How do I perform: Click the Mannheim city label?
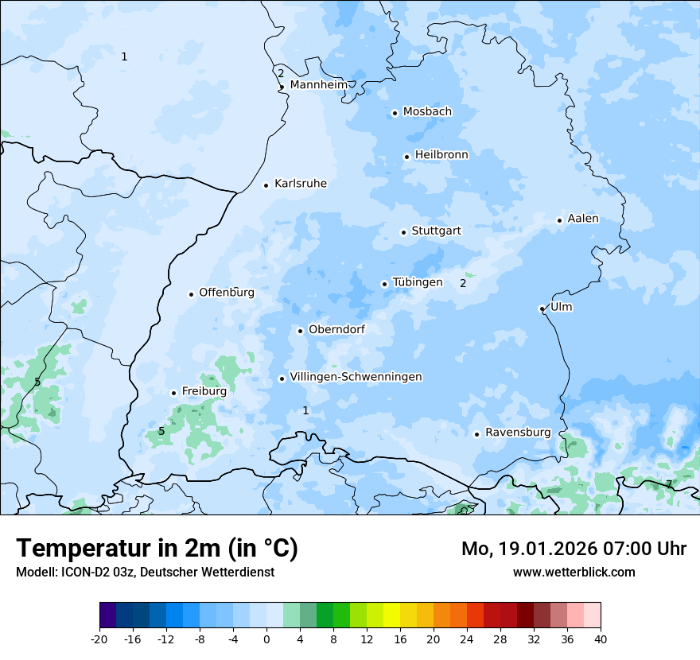319,85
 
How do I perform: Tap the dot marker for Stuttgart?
404,232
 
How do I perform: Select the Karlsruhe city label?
301,184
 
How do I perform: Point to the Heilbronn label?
441,155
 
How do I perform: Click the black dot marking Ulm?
542,309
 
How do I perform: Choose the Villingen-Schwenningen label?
356,377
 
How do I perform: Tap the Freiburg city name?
204,391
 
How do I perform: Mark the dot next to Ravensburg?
476,434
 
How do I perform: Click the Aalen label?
583,219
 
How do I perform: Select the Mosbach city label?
427,112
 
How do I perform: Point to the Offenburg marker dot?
191,294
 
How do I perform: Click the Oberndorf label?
336,329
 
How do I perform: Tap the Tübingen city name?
418,282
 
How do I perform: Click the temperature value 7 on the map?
668,483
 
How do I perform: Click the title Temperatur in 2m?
157,549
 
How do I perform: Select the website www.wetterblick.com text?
574,572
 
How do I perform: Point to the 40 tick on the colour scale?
601,639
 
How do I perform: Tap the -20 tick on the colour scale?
99,639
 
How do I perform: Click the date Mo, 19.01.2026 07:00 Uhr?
574,549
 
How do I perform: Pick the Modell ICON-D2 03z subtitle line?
145,572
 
